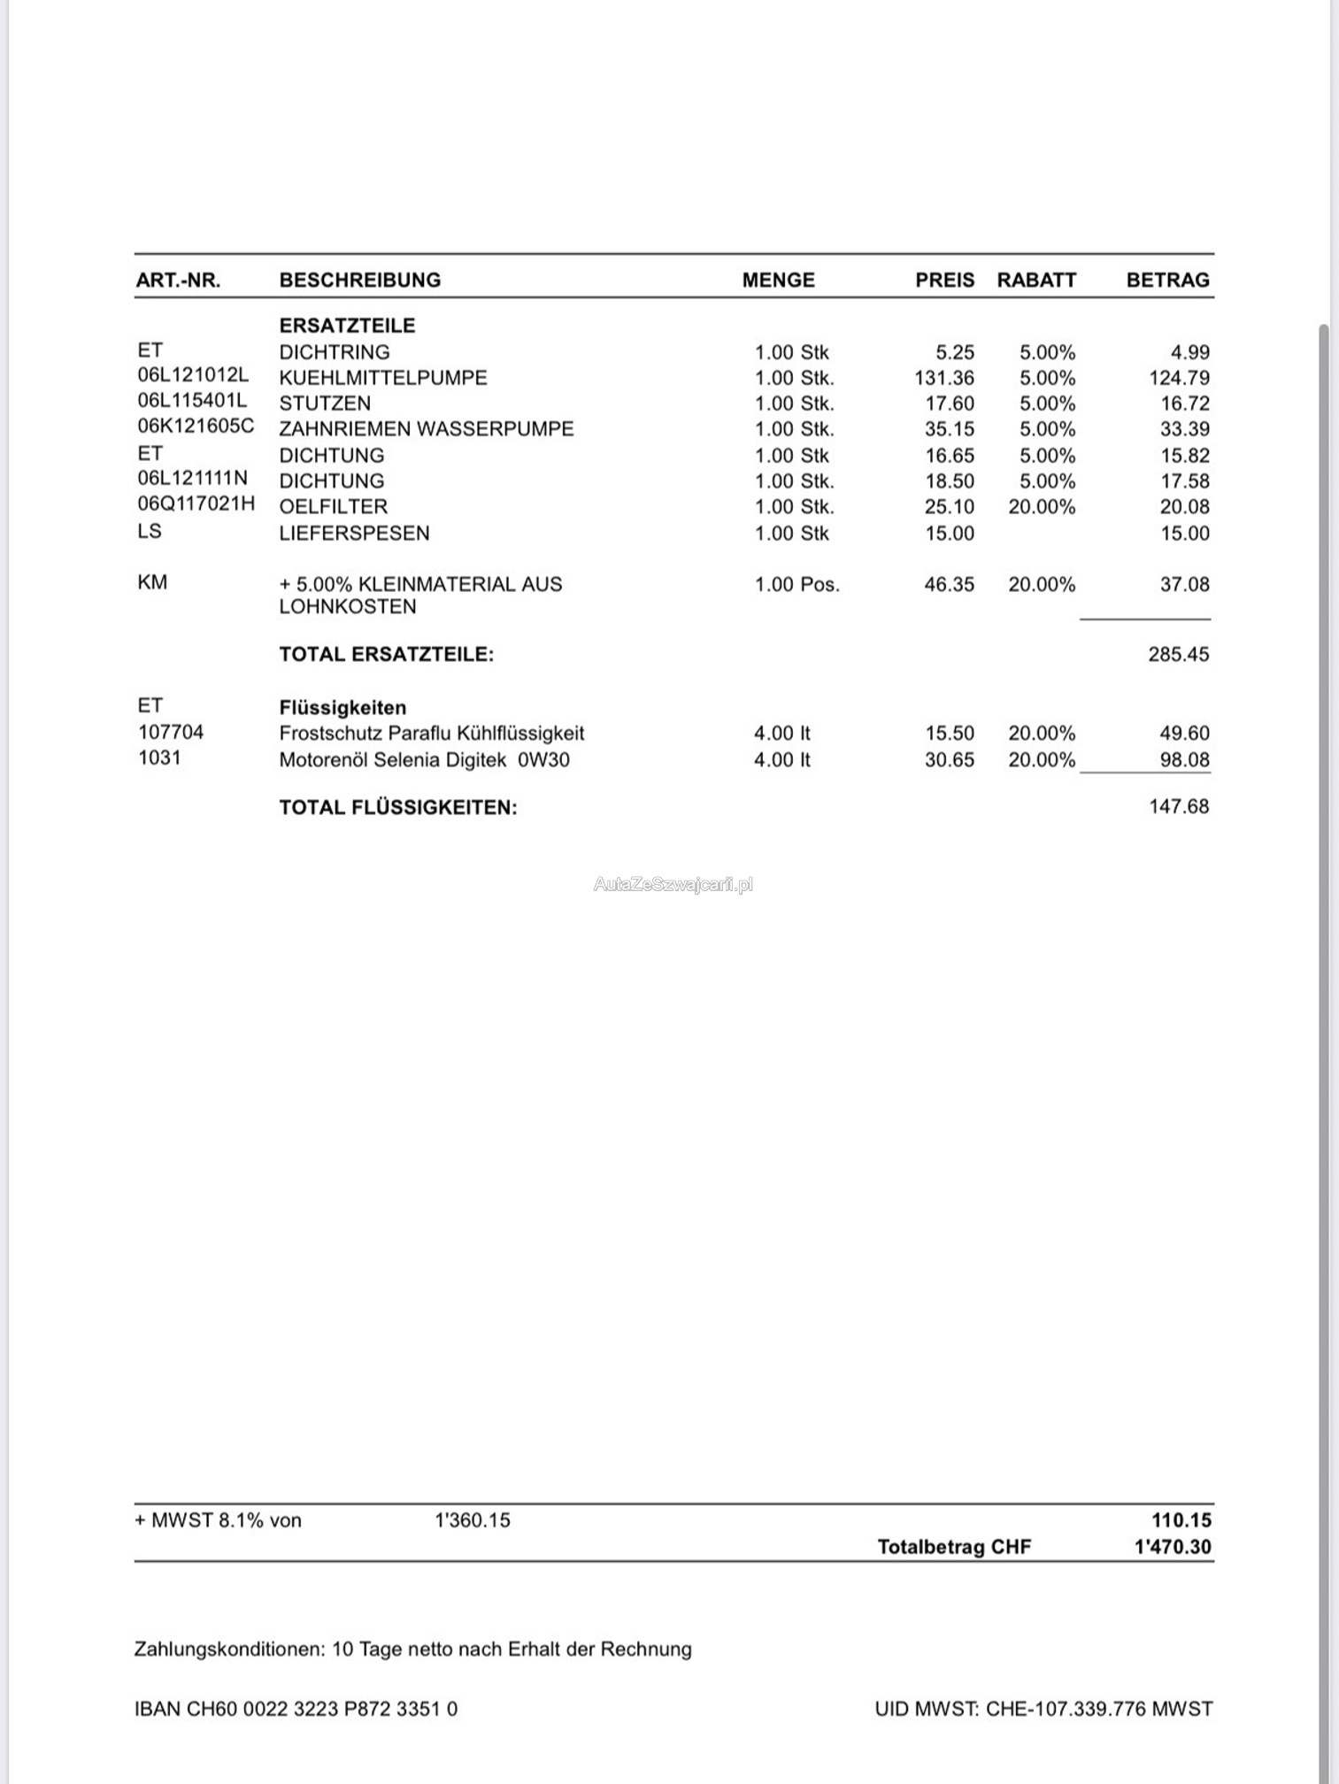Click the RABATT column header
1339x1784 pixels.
click(x=1036, y=280)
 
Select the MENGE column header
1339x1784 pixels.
click(x=778, y=280)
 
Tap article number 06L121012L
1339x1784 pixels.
click(x=193, y=375)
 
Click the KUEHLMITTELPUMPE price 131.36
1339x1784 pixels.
click(x=943, y=378)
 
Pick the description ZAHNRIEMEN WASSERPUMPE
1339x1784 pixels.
click(x=426, y=429)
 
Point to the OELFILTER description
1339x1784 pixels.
click(x=333, y=507)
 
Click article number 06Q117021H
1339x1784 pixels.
click(x=196, y=504)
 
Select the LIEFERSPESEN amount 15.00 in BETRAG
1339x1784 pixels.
click(x=1184, y=534)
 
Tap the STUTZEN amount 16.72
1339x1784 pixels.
click(x=1184, y=404)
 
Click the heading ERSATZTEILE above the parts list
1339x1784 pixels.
click(x=347, y=326)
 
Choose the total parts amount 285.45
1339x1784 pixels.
click(x=1178, y=655)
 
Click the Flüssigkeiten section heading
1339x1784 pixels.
click(x=342, y=708)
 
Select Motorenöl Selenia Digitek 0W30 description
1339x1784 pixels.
click(x=424, y=760)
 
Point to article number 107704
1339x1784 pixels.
click(x=171, y=733)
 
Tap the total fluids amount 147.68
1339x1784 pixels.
click(x=1178, y=807)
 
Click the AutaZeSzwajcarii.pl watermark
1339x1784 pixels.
click(x=673, y=884)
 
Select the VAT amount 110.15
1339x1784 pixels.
click(x=1181, y=1520)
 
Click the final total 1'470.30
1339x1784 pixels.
click(x=1173, y=1547)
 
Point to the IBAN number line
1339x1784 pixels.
click(x=296, y=1709)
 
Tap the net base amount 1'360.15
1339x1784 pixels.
click(x=473, y=1520)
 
